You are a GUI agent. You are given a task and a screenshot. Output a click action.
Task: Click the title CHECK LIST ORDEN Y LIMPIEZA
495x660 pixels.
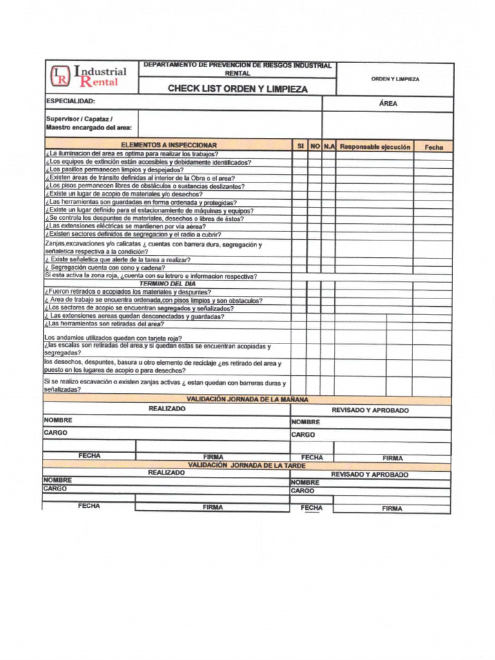237,89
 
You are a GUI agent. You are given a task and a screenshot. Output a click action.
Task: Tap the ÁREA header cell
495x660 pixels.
388,103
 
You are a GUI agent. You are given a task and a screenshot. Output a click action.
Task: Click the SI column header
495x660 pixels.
300,146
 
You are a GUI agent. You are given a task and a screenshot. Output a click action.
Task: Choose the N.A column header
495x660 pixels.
329,146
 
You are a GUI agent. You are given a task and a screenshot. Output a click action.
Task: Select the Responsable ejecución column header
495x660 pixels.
374,146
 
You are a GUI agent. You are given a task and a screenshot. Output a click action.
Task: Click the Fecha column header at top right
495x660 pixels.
433,147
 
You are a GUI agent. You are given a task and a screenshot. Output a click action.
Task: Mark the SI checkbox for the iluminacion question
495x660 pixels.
300,155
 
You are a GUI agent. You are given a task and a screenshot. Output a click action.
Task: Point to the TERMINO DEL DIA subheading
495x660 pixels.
168,284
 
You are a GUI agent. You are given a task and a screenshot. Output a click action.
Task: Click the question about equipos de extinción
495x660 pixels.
148,162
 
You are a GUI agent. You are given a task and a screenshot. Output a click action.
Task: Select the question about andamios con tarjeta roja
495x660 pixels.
113,338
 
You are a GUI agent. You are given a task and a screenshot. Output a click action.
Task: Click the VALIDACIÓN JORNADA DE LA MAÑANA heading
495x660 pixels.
247,400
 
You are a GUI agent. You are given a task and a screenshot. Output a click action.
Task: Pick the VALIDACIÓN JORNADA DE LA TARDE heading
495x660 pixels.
246,465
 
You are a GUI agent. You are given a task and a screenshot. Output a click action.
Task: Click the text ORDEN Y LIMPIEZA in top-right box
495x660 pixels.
394,79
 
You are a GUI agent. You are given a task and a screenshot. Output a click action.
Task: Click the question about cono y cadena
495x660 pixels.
105,267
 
